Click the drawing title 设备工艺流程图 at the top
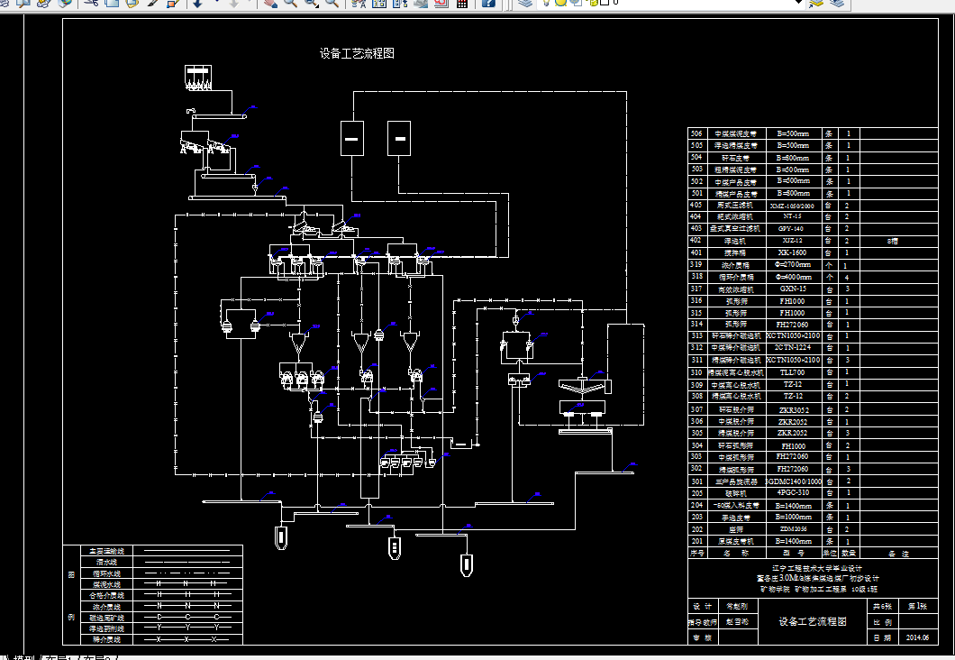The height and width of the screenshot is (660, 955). point(357,54)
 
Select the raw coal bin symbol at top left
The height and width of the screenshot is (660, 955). point(197,76)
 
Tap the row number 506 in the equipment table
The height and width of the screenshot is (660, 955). point(696,133)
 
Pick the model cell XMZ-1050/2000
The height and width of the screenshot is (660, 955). point(792,206)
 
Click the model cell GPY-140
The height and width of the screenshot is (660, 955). point(792,229)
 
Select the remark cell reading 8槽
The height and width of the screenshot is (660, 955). point(893,241)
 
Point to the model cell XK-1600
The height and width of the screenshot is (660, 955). point(792,252)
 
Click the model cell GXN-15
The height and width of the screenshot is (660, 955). point(792,289)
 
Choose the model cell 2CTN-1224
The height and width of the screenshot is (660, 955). point(792,348)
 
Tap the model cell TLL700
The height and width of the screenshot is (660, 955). point(792,372)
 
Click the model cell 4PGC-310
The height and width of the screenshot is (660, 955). point(792,493)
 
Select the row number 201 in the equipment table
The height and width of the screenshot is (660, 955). point(696,541)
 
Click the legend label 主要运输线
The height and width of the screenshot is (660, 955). point(106,550)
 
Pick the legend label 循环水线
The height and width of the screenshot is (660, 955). point(106,573)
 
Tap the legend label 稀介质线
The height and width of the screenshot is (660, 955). point(106,639)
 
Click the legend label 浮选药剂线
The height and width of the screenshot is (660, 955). point(106,628)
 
